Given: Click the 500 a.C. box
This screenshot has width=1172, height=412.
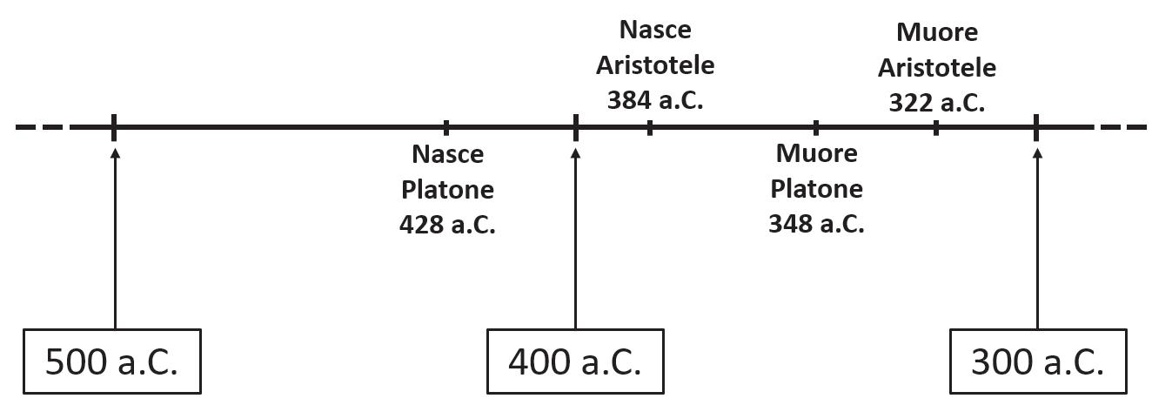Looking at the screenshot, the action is coord(111,361).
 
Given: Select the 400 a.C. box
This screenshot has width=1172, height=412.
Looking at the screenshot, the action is coord(574,361).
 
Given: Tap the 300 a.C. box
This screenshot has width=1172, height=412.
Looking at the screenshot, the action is coord(1037,361).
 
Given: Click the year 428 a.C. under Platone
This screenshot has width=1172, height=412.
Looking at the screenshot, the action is coord(447,225).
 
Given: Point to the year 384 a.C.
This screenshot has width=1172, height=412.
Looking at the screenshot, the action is coord(654,99).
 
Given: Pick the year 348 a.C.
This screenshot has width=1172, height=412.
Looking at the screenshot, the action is coord(816,224).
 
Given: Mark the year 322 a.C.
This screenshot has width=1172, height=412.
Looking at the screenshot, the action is coord(936,102).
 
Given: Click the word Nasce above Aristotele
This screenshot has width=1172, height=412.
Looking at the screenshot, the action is coord(655,30).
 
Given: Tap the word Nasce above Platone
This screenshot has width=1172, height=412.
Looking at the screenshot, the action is coord(447,154).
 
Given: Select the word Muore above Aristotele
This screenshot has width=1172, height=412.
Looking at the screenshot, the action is coord(936,32).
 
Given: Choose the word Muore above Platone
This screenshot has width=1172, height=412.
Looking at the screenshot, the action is coord(816,153).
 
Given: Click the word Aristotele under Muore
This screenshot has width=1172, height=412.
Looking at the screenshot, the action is coord(936,67).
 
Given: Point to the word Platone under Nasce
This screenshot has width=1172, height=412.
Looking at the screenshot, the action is coord(447,189).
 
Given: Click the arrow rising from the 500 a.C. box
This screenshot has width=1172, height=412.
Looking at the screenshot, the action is coord(115,235).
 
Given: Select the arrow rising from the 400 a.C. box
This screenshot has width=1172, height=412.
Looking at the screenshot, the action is coord(575,235).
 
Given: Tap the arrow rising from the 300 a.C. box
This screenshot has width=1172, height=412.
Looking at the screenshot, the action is coord(1036,235).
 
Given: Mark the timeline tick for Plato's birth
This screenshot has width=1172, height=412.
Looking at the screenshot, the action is coord(446,127).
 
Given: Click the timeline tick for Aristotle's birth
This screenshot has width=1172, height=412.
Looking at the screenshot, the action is coord(650,127).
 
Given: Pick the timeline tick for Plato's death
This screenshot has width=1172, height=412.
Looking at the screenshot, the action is coord(815,127).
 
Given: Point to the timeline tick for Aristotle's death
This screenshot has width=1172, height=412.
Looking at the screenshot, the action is coord(935,127).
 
